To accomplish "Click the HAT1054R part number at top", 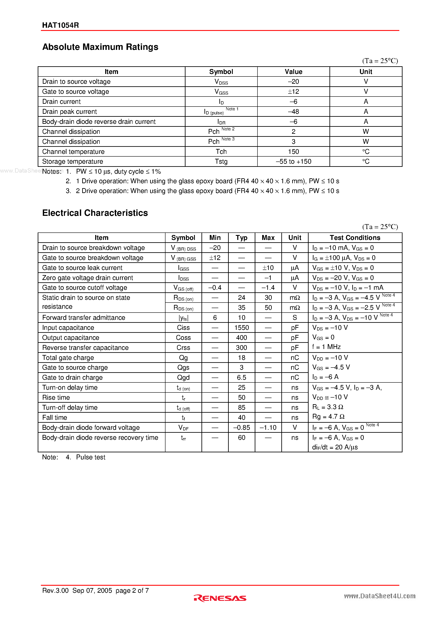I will tap(60, 25).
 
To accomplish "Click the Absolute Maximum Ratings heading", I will tap(100, 47).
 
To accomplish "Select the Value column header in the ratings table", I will tap(293, 72).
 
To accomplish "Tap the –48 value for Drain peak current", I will tap(293, 111).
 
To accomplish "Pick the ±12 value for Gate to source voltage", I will tap(293, 92).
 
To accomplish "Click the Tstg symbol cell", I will tap(221, 162).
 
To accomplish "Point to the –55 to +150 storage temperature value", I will tap(293, 162).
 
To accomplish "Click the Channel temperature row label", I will tap(73, 152).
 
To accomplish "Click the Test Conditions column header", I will tap(355, 238).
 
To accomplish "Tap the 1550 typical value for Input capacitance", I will tap(242, 328).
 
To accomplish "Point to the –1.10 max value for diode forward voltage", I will tap(268, 428).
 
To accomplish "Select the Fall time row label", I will tap(55, 418).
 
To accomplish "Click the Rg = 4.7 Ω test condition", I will tap(328, 417).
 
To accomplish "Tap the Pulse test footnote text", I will tap(91, 457).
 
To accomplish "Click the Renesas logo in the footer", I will tap(220, 598).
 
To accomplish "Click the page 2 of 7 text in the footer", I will tap(132, 590).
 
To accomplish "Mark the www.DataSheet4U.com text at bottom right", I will tap(380, 596).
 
